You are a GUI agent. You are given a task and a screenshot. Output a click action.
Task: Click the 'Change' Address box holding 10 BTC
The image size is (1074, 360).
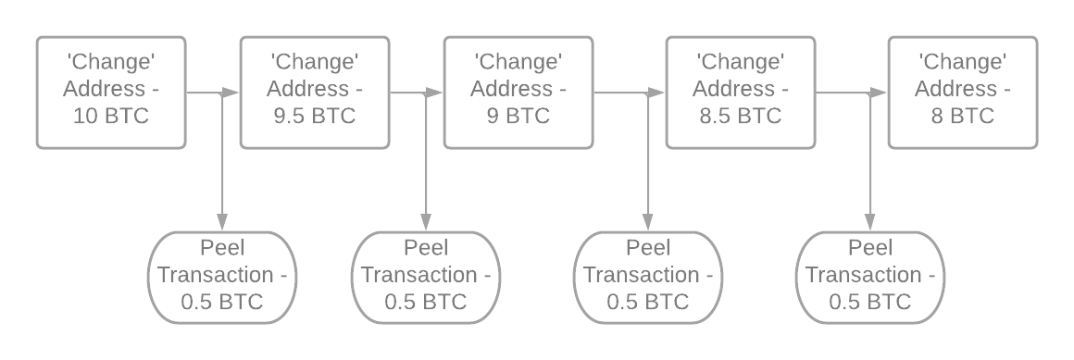(x=111, y=92)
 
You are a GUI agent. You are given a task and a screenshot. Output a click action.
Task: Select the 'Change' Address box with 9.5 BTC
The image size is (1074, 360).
(x=315, y=92)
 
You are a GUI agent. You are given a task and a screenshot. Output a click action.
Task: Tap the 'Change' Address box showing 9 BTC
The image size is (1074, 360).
(x=518, y=92)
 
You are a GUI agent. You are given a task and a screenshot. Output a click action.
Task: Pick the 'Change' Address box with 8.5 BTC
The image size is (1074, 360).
(x=741, y=92)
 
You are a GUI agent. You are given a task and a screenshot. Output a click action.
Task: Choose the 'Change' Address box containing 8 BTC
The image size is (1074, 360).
(x=963, y=92)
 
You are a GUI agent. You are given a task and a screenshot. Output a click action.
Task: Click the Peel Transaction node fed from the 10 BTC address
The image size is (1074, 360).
(x=222, y=277)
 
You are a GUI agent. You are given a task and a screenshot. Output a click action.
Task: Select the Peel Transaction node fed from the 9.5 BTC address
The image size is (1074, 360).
(x=426, y=277)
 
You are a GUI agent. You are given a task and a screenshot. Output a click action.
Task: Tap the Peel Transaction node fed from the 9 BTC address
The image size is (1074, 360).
(x=648, y=277)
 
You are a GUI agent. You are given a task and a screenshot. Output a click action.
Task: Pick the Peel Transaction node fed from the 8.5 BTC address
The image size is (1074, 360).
(x=870, y=277)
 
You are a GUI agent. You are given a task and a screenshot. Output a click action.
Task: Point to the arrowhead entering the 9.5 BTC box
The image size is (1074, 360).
(x=232, y=93)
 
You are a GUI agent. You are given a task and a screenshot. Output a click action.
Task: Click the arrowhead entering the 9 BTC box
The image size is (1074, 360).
(x=436, y=93)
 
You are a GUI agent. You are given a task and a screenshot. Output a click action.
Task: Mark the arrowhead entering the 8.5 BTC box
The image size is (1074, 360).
(x=658, y=93)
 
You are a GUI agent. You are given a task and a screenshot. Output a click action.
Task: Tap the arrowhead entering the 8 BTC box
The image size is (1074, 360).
(x=880, y=93)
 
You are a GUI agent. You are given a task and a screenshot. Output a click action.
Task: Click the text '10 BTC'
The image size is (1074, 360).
(x=111, y=118)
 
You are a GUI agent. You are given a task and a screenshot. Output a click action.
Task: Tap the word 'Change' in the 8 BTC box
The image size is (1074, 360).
(x=963, y=62)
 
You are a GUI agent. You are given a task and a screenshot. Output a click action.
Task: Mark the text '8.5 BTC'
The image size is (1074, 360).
(x=741, y=118)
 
